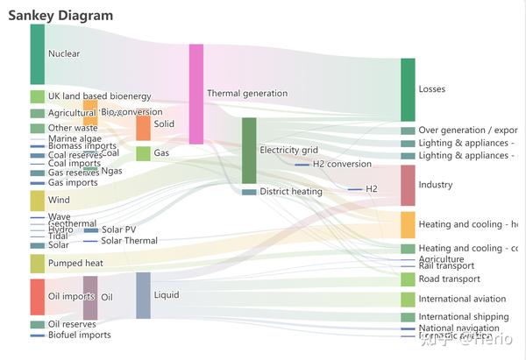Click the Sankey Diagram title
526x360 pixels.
(60, 16)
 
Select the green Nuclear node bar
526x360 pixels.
(37, 54)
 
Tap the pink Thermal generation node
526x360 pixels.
(196, 94)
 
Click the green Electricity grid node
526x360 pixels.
(249, 150)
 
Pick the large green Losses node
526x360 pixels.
(408, 89)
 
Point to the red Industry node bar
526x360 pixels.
(408, 185)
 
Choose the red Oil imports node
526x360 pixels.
(37, 297)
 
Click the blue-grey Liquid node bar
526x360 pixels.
(143, 295)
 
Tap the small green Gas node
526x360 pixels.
(143, 153)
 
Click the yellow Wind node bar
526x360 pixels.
(37, 201)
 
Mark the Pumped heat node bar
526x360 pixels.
(37, 263)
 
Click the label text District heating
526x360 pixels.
(291, 191)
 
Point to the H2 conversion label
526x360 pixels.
(342, 164)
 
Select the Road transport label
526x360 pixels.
(449, 279)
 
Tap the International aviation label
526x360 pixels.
(462, 299)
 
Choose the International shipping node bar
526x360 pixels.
(408, 317)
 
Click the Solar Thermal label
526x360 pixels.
(129, 241)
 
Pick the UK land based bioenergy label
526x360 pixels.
(100, 96)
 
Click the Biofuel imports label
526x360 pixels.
(80, 335)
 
